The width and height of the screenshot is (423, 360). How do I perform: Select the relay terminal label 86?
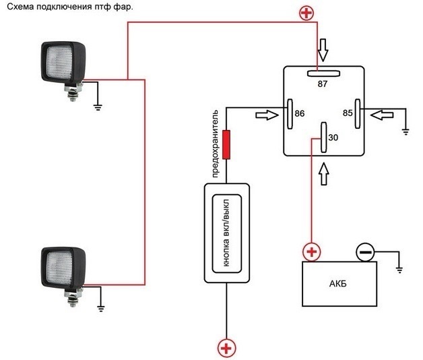(300, 115)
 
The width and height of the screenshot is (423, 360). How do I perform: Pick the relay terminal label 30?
(333, 138)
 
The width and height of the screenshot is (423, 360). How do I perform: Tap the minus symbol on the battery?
(365, 253)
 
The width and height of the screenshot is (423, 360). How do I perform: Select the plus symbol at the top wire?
(307, 12)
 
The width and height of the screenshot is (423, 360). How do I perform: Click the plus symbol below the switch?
(227, 348)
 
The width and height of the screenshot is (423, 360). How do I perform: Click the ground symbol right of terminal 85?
(405, 130)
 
